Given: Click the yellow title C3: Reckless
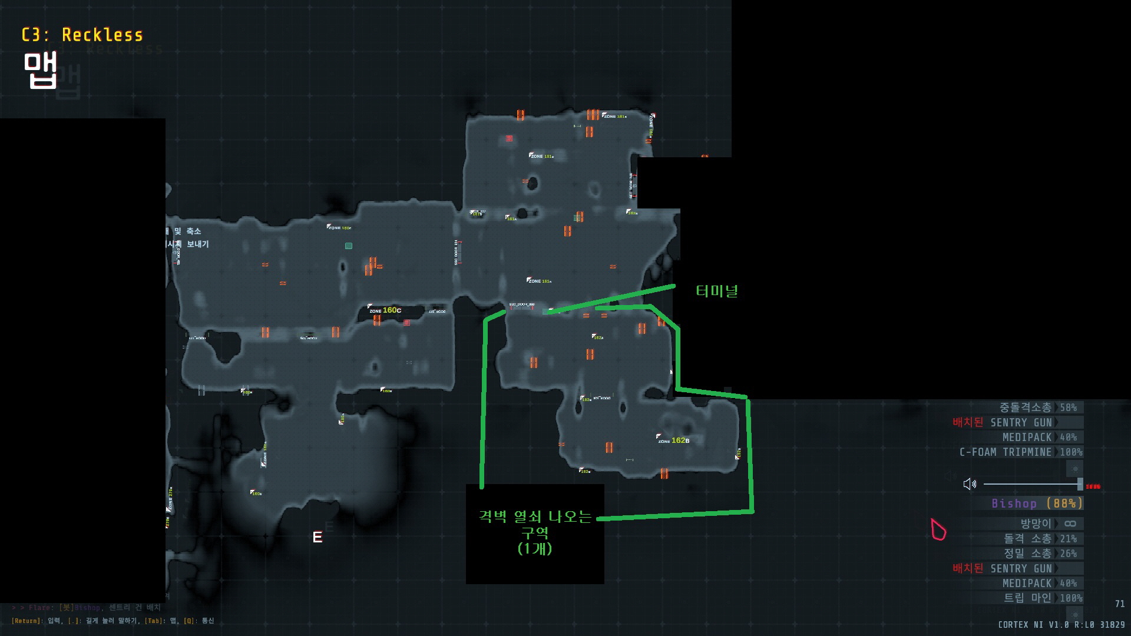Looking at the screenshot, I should point(82,35).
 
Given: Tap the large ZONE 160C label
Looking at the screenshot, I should point(385,310).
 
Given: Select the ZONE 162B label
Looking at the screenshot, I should point(674,440).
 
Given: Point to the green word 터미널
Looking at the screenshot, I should point(717,291).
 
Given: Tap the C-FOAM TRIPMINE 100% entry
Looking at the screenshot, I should point(1021,452).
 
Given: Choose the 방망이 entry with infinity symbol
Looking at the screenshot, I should point(1048,524).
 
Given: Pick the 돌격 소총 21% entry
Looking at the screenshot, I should point(1040,539).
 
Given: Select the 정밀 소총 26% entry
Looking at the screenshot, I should point(1040,554).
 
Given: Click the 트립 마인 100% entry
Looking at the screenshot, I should point(1043,598).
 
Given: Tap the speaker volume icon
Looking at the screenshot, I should point(970,484).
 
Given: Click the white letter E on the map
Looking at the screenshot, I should point(318,537).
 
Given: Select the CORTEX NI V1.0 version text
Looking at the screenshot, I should point(1061,624).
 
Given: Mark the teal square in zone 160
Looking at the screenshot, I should point(349,246).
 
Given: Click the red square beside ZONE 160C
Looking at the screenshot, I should point(406,323).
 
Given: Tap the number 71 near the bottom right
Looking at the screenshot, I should point(1119,604).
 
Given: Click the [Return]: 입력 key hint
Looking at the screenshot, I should point(36,621).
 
